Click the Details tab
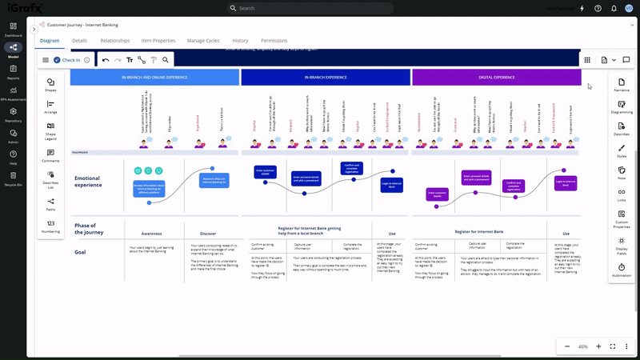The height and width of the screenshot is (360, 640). [x=79, y=40]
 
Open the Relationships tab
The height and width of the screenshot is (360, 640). [x=115, y=40]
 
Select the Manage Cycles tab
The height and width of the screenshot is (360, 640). [x=203, y=40]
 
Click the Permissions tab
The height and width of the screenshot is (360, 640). [x=274, y=40]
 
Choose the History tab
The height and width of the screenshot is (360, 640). [x=240, y=40]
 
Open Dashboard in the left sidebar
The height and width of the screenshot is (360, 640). [x=13, y=30]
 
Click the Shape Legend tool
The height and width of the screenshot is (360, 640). [x=50, y=130]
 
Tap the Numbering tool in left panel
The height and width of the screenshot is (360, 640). [x=50, y=226]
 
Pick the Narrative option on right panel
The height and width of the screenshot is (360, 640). [x=622, y=86]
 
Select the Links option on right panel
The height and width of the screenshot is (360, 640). [x=622, y=195]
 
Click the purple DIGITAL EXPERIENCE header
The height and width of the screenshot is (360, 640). [x=497, y=78]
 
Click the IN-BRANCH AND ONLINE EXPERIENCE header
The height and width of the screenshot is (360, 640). [x=154, y=78]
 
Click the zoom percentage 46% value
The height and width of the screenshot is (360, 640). [x=582, y=346]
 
